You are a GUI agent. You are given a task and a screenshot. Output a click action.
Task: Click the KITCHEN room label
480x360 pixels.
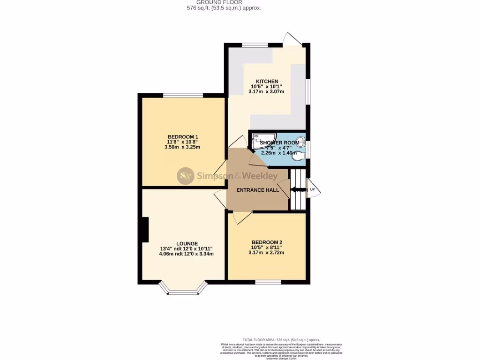(x=267, y=82)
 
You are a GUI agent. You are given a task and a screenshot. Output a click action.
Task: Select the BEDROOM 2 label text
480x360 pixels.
(x=266, y=242)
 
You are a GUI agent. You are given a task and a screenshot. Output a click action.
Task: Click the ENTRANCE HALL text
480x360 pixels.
(x=257, y=190)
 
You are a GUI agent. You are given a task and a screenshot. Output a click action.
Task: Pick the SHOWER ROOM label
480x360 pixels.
(x=279, y=142)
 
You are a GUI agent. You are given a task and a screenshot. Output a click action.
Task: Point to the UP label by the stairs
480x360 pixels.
(x=313, y=190)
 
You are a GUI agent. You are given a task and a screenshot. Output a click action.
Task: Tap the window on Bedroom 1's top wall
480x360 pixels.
(x=183, y=96)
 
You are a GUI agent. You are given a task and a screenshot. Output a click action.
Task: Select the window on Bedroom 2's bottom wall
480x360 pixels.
(x=268, y=282)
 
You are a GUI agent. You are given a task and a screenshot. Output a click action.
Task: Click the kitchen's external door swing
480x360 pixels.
(x=294, y=39)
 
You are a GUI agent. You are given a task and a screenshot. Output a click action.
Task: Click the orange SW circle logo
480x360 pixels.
(x=185, y=176)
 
